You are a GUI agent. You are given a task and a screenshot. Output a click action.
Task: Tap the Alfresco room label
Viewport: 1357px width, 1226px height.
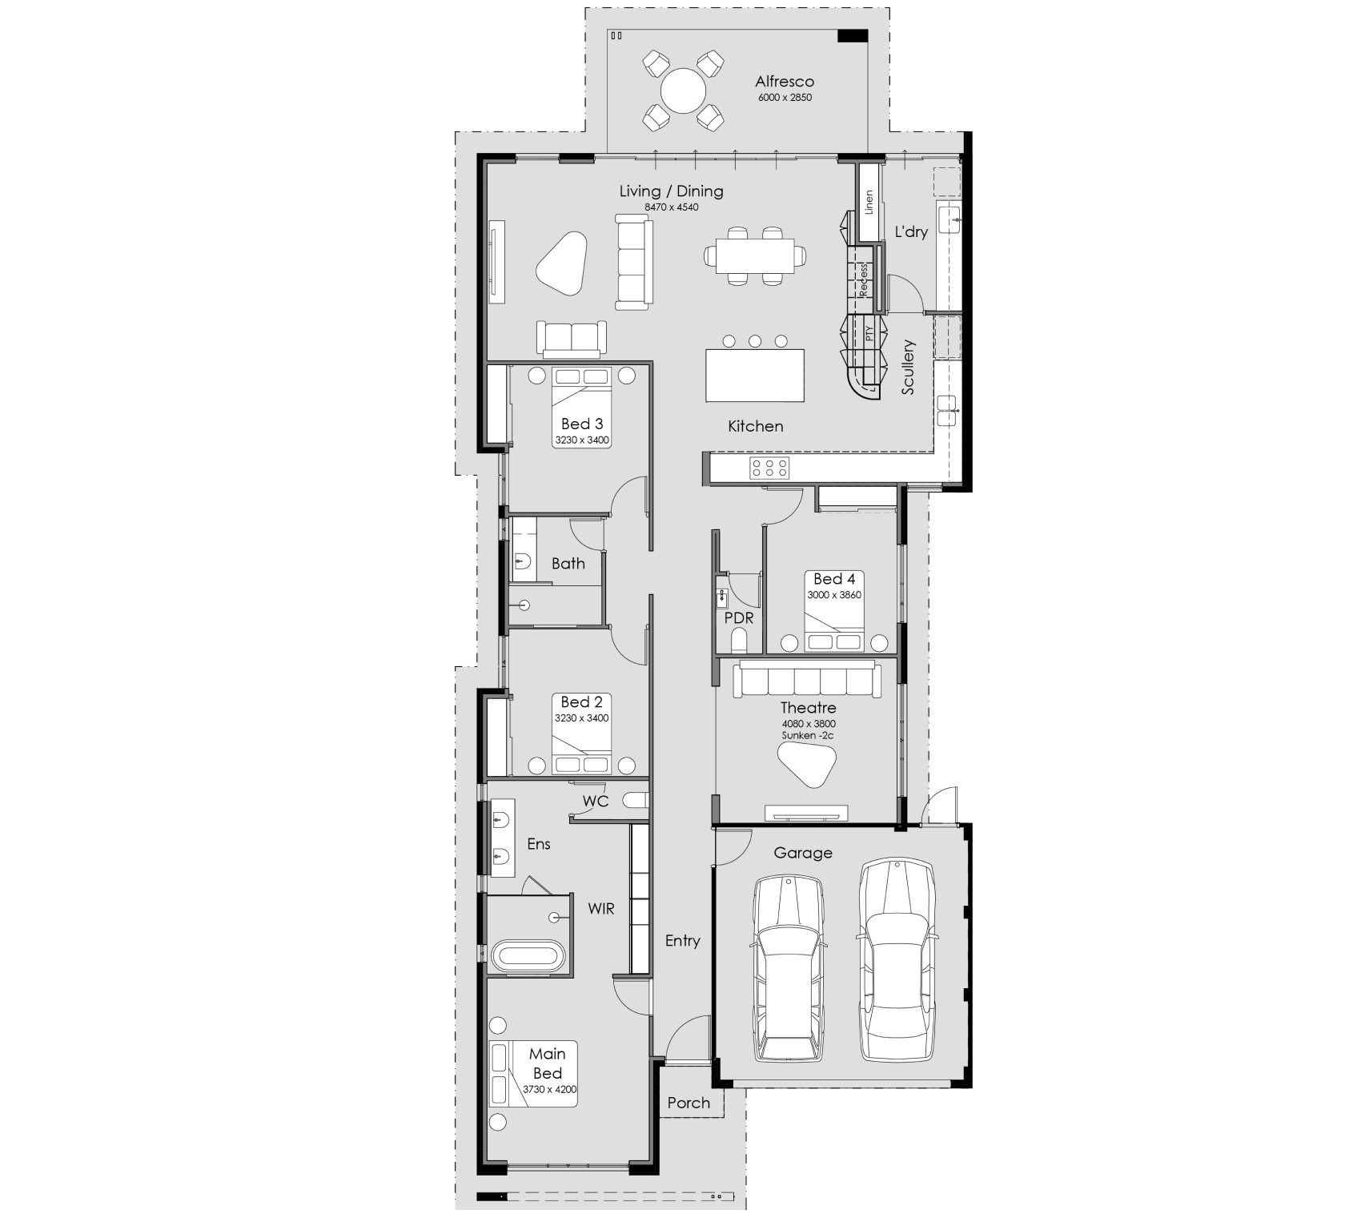(785, 82)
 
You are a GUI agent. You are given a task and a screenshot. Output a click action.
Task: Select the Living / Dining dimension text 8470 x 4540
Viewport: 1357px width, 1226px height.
(671, 207)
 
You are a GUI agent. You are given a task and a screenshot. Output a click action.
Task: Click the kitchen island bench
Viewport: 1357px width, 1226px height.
(755, 375)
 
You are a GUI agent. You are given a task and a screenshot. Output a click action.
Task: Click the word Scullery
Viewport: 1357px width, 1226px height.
(908, 367)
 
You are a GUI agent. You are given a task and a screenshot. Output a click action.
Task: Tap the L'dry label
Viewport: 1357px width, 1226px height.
(911, 232)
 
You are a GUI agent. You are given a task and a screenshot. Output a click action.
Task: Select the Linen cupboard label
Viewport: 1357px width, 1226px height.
(869, 202)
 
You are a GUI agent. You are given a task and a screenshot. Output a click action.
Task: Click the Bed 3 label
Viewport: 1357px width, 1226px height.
(582, 424)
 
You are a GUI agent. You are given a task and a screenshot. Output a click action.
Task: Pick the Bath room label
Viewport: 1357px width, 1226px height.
(568, 564)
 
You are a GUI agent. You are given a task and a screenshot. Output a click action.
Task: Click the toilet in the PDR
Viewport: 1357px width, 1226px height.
(739, 641)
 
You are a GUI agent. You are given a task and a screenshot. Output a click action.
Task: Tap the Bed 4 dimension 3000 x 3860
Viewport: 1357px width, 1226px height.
(834, 595)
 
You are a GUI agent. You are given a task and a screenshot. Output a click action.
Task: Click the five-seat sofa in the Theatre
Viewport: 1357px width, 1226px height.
(806, 681)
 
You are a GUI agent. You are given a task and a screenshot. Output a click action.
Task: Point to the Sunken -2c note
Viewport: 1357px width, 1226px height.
(809, 735)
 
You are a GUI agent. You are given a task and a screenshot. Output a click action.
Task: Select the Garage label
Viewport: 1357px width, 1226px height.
(803, 854)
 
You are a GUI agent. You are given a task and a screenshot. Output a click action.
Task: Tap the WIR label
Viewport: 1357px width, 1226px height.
(601, 909)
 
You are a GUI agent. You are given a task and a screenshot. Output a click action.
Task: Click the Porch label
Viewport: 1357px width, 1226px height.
(689, 1103)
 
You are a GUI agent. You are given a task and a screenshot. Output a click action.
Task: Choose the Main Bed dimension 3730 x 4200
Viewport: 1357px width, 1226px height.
(549, 1089)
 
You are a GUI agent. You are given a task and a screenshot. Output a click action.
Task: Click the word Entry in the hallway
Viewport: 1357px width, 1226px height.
(683, 942)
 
